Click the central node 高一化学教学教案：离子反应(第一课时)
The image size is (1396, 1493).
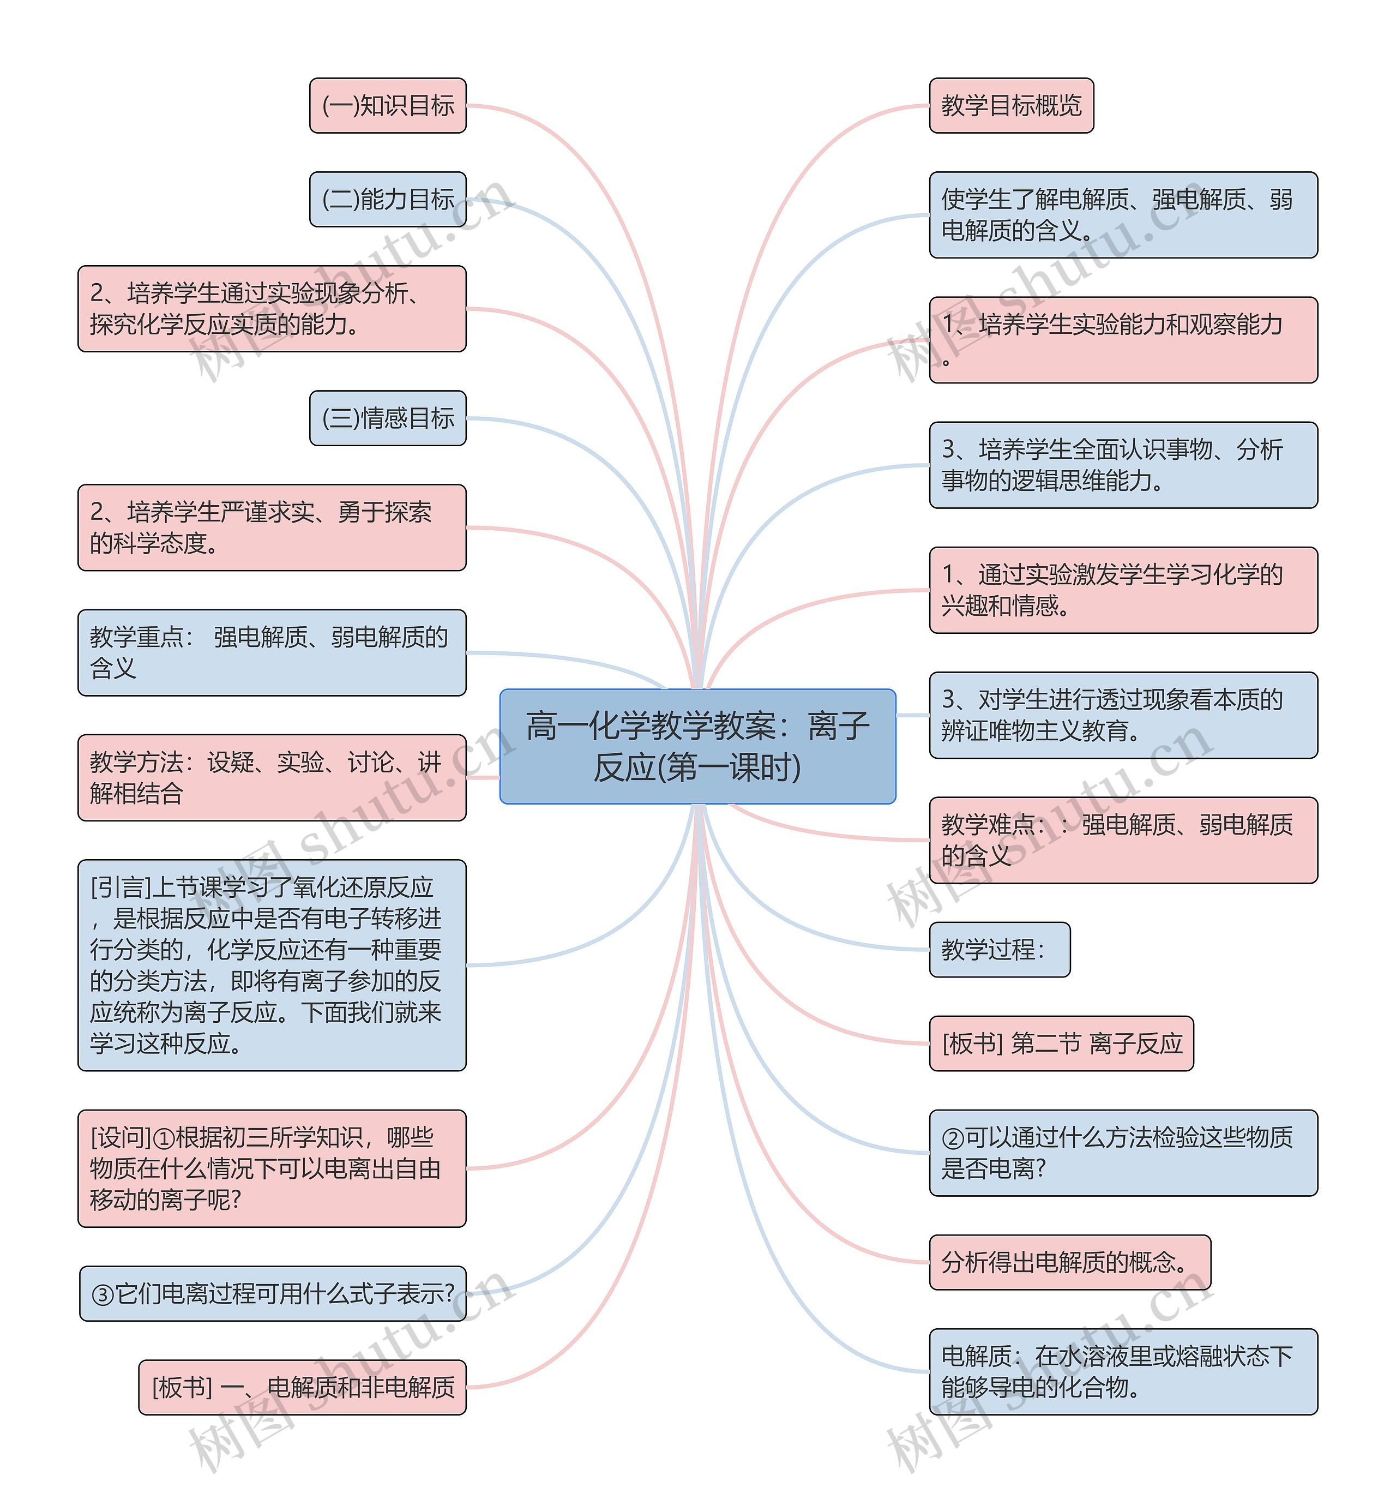tap(697, 746)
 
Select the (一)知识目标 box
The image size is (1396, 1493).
tap(388, 106)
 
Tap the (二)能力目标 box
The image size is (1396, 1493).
tap(388, 200)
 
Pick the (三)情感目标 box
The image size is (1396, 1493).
tap(388, 418)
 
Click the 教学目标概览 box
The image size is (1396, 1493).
tap(1011, 106)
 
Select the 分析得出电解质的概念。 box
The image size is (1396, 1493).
tap(1069, 1262)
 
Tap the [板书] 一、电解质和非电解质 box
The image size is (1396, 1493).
tap(302, 1388)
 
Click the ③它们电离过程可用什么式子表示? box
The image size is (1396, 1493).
tap(272, 1294)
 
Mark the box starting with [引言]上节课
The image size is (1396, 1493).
tap(272, 965)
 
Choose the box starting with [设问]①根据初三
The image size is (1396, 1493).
tap(272, 1168)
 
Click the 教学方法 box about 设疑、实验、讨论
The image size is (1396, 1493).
tap(272, 778)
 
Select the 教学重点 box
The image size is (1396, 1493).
tap(272, 652)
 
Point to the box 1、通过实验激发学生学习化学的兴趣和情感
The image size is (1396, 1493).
tap(1123, 590)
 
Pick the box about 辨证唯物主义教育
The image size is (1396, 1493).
tap(1123, 715)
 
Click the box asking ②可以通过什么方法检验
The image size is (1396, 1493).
tap(1123, 1153)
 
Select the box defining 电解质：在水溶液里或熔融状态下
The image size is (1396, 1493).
tap(1123, 1372)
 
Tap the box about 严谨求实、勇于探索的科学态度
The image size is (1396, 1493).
tap(272, 527)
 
